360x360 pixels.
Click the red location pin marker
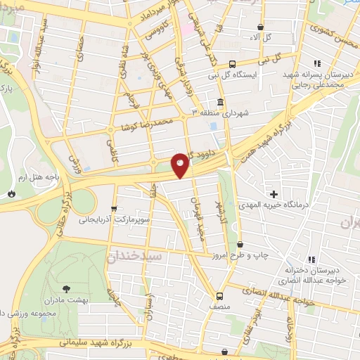tap(181, 166)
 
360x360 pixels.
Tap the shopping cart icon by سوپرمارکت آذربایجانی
tap(114, 209)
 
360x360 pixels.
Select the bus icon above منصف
tap(220, 295)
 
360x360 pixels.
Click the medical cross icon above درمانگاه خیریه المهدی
tap(274, 193)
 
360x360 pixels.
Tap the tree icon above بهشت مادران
tap(66, 288)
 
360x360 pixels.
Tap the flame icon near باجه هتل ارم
tap(11, 193)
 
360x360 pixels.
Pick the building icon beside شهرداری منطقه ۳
tap(221, 103)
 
